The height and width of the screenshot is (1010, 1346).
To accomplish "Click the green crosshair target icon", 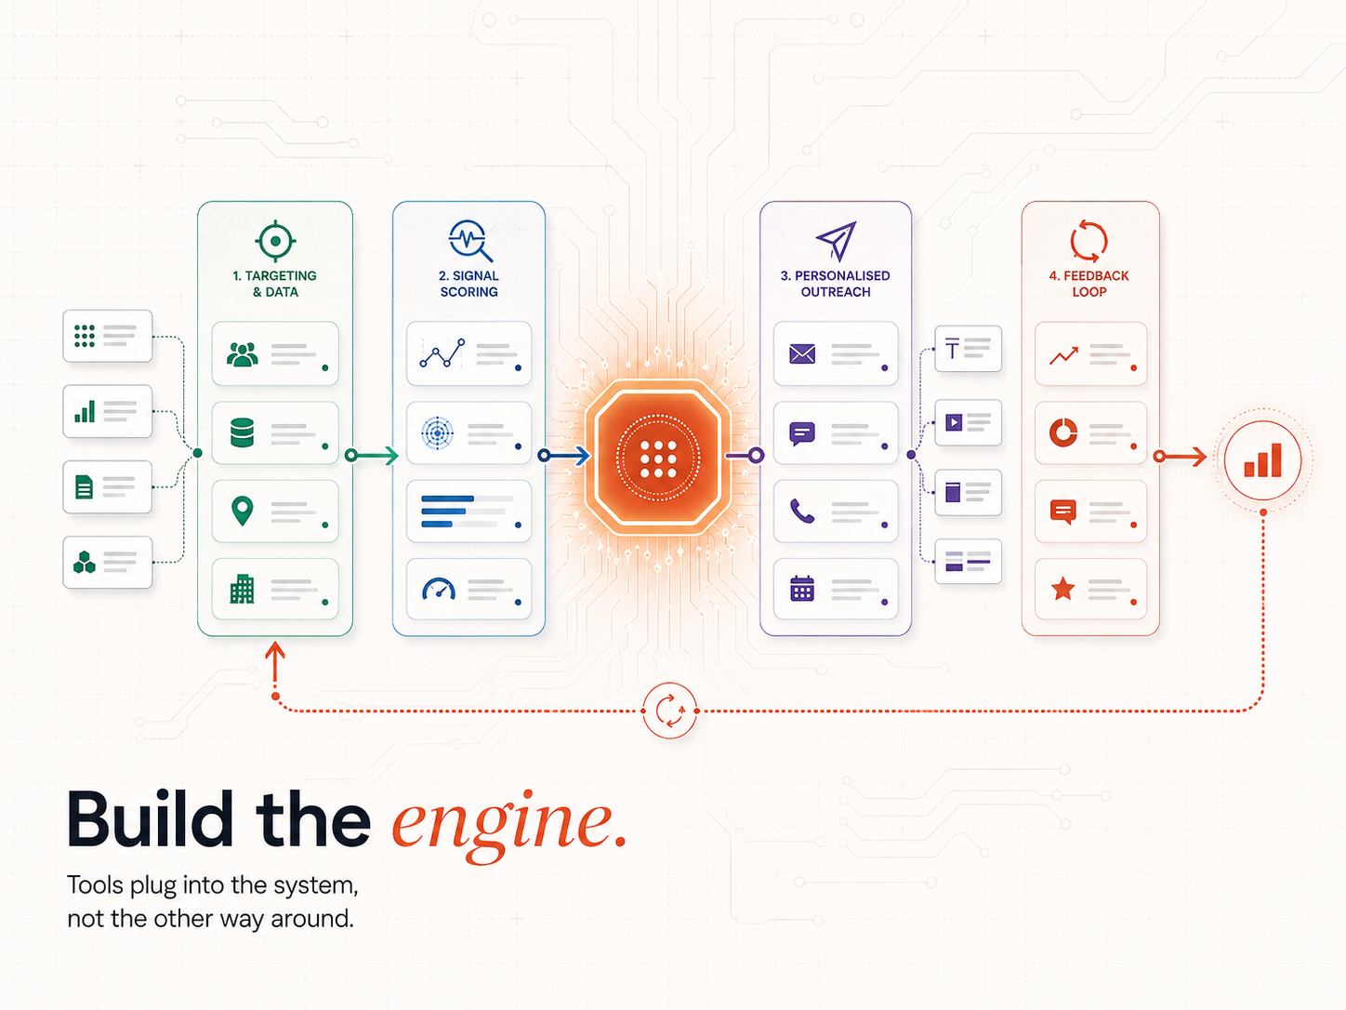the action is click(x=275, y=241).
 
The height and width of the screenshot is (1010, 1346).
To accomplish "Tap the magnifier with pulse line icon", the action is click(x=470, y=240).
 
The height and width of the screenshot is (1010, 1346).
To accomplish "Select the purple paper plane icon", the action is click(x=836, y=241).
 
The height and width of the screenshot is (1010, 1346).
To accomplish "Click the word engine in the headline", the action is click(x=508, y=825).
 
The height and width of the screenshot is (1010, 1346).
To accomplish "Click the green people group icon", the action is click(x=243, y=354).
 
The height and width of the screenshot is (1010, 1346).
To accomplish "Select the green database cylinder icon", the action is click(x=243, y=432).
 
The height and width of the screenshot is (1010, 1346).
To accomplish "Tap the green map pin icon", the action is click(x=243, y=512).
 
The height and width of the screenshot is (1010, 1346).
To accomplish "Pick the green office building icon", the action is click(x=243, y=589).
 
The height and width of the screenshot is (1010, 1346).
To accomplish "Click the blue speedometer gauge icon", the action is click(x=439, y=589).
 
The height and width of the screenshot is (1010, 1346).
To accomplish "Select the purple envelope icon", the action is click(x=802, y=353).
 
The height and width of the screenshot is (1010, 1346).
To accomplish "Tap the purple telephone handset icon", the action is click(x=802, y=511).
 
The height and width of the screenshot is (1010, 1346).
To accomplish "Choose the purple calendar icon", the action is click(x=802, y=589).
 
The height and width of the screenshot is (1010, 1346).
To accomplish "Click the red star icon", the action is click(x=1062, y=589).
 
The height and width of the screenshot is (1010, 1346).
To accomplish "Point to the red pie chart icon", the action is click(x=1063, y=432).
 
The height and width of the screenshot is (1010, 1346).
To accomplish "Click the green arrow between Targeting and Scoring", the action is click(x=372, y=455).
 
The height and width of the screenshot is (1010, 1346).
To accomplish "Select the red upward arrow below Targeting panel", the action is click(x=275, y=670).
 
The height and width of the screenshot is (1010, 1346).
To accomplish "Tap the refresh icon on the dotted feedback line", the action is click(x=669, y=711).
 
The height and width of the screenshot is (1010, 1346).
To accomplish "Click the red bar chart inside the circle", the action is click(x=1262, y=460).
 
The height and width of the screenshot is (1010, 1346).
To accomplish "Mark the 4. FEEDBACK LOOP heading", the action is click(x=1089, y=284).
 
